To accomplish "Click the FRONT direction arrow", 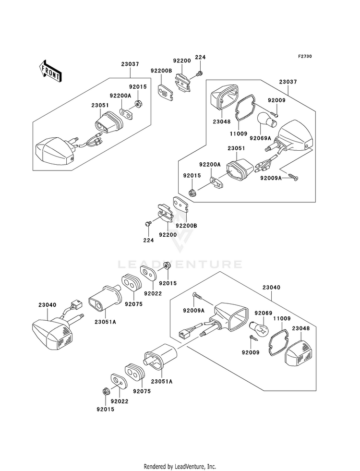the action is (x=50, y=71).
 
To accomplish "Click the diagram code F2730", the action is (x=305, y=56).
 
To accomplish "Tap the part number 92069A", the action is (x=260, y=138).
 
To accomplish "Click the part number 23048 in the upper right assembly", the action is (x=222, y=121).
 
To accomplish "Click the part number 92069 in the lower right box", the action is (x=264, y=313).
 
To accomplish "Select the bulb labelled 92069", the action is (x=259, y=327).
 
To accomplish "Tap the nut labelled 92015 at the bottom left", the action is (x=106, y=391).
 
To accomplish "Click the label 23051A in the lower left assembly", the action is (x=106, y=322).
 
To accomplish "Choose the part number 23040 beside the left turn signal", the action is (x=48, y=305).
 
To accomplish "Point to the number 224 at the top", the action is (x=200, y=57).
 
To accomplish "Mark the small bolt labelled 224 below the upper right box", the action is (x=148, y=223).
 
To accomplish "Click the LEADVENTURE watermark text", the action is (x=180, y=265).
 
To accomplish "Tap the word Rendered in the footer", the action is (x=155, y=466).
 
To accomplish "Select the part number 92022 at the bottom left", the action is (x=120, y=401).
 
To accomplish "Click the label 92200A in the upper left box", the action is (x=120, y=96).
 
